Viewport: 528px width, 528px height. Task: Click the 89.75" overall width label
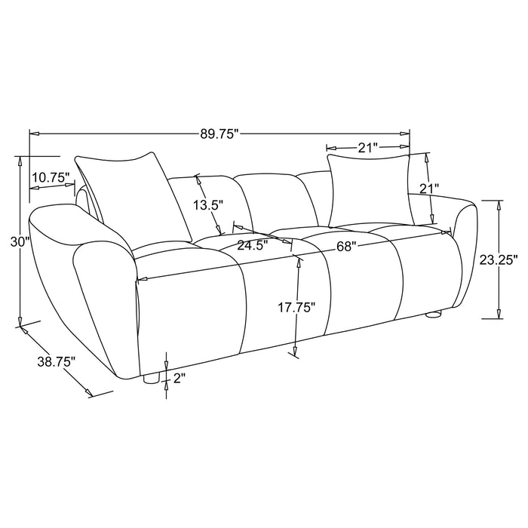(x=219, y=134)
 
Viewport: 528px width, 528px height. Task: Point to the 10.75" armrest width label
(x=51, y=177)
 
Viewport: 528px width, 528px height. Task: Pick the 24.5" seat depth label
(x=253, y=244)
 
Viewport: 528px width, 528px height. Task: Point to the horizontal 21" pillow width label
(x=368, y=148)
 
